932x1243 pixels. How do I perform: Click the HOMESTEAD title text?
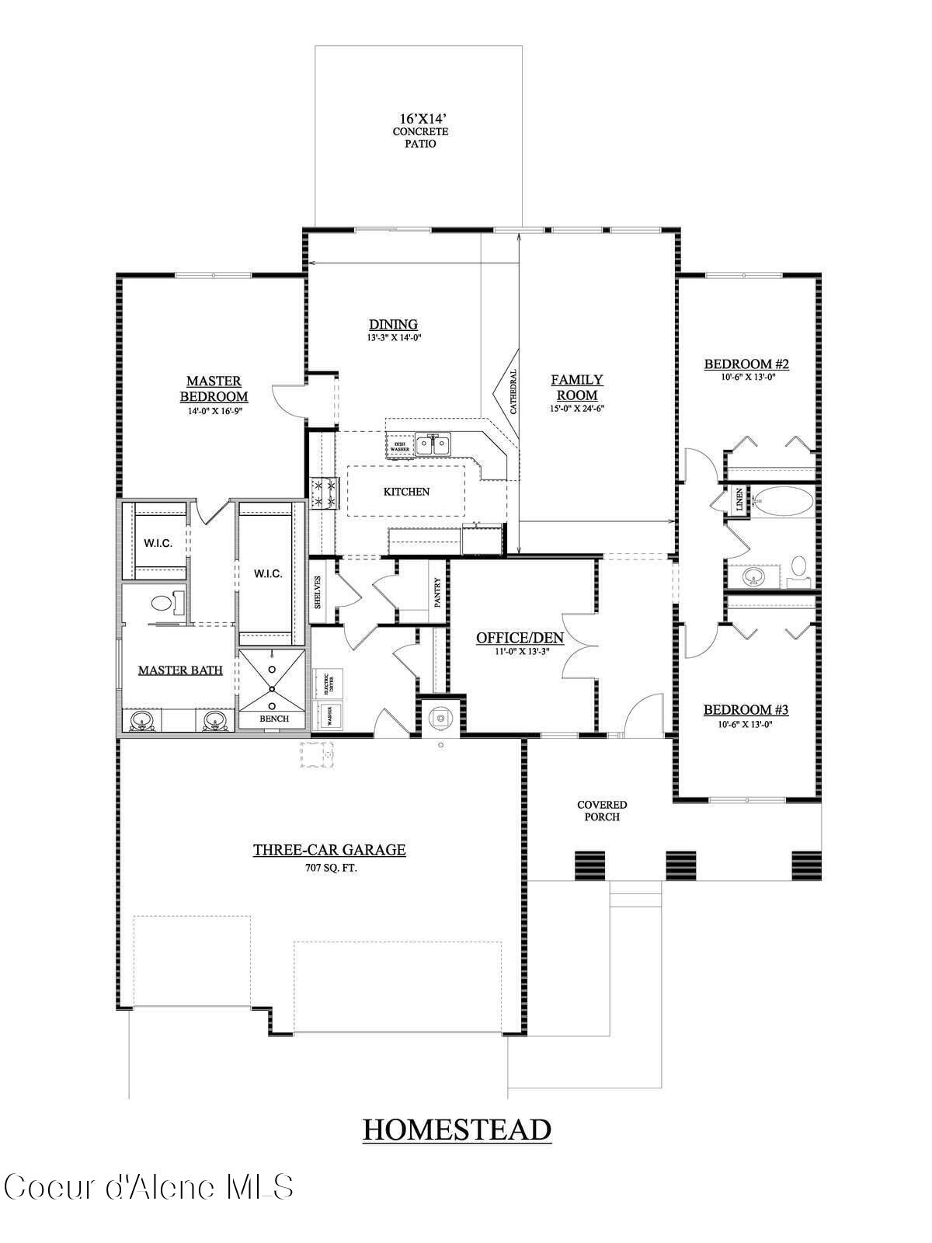pos(457,1129)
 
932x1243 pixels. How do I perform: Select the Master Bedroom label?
pos(214,388)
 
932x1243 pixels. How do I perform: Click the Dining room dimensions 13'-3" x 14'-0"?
pos(394,338)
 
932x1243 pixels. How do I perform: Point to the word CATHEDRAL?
pos(513,391)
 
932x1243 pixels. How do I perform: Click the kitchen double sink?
pos(433,445)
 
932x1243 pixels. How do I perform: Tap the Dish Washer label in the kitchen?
pos(399,446)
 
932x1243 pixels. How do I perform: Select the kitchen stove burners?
pos(324,493)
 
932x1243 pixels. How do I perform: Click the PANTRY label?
pos(438,592)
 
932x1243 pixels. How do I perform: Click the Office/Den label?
pos(520,638)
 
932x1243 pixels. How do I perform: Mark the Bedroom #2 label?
pos(746,364)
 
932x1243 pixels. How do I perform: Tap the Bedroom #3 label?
pos(746,709)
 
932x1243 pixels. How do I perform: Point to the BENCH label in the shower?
pos(273,719)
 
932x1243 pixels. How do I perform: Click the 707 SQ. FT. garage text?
pos(331,868)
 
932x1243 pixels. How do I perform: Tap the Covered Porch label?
pos(602,811)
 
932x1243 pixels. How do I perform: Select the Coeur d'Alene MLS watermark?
pos(148,1187)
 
